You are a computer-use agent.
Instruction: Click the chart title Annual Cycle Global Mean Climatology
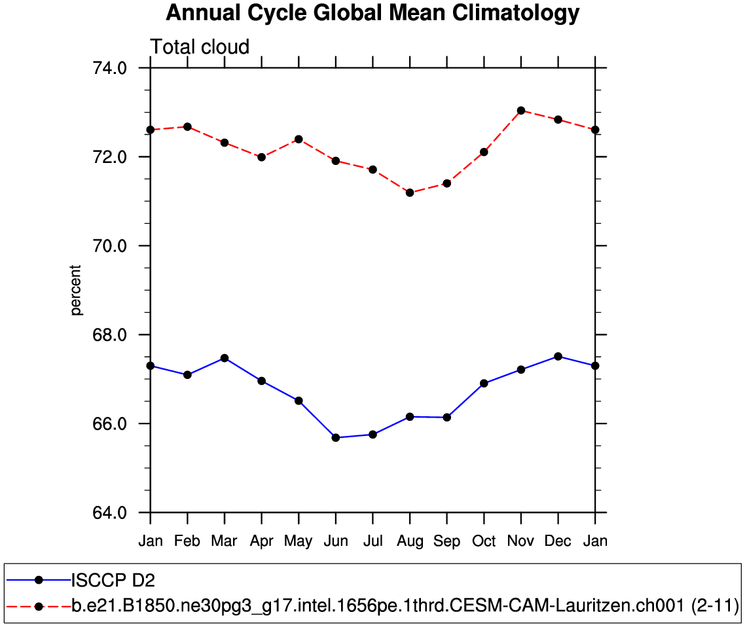click(372, 13)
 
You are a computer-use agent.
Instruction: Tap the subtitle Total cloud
click(200, 47)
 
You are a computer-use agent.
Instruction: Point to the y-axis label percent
click(77, 290)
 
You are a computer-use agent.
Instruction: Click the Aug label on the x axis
click(410, 542)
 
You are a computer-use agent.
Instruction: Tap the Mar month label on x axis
click(225, 542)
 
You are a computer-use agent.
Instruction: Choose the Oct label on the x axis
click(484, 542)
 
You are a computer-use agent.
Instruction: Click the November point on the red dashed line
click(521, 111)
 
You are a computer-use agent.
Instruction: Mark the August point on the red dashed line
click(410, 192)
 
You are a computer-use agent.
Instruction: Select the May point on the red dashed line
click(299, 139)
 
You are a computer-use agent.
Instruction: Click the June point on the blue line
click(336, 437)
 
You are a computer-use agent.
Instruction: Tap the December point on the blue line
click(558, 356)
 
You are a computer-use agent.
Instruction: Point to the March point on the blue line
click(225, 358)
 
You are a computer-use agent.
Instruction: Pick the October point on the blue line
click(484, 384)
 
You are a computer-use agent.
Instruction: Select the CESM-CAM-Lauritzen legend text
click(405, 607)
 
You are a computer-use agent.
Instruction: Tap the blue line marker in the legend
click(39, 579)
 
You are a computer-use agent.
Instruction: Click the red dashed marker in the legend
click(39, 607)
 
